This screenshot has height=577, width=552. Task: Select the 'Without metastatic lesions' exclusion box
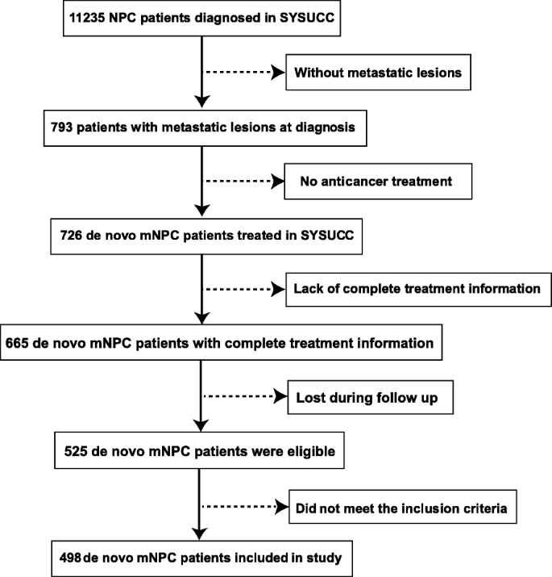point(377,73)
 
